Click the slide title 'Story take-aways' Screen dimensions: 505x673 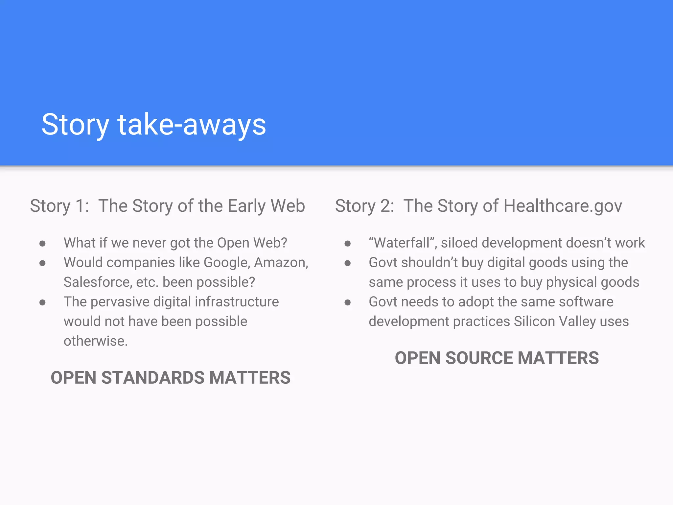click(153, 125)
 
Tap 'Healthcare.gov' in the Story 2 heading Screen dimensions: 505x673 click(563, 206)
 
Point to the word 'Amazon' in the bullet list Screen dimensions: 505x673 click(280, 263)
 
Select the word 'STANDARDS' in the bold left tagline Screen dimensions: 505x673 click(153, 378)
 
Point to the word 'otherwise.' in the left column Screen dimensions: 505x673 click(96, 341)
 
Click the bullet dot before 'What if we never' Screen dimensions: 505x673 click(42, 244)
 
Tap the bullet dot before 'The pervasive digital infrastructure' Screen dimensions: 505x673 click(42, 302)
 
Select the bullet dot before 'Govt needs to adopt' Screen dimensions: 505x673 click(348, 302)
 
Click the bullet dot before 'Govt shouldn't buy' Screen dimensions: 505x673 click(348, 263)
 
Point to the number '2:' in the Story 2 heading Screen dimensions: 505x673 click(387, 206)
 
